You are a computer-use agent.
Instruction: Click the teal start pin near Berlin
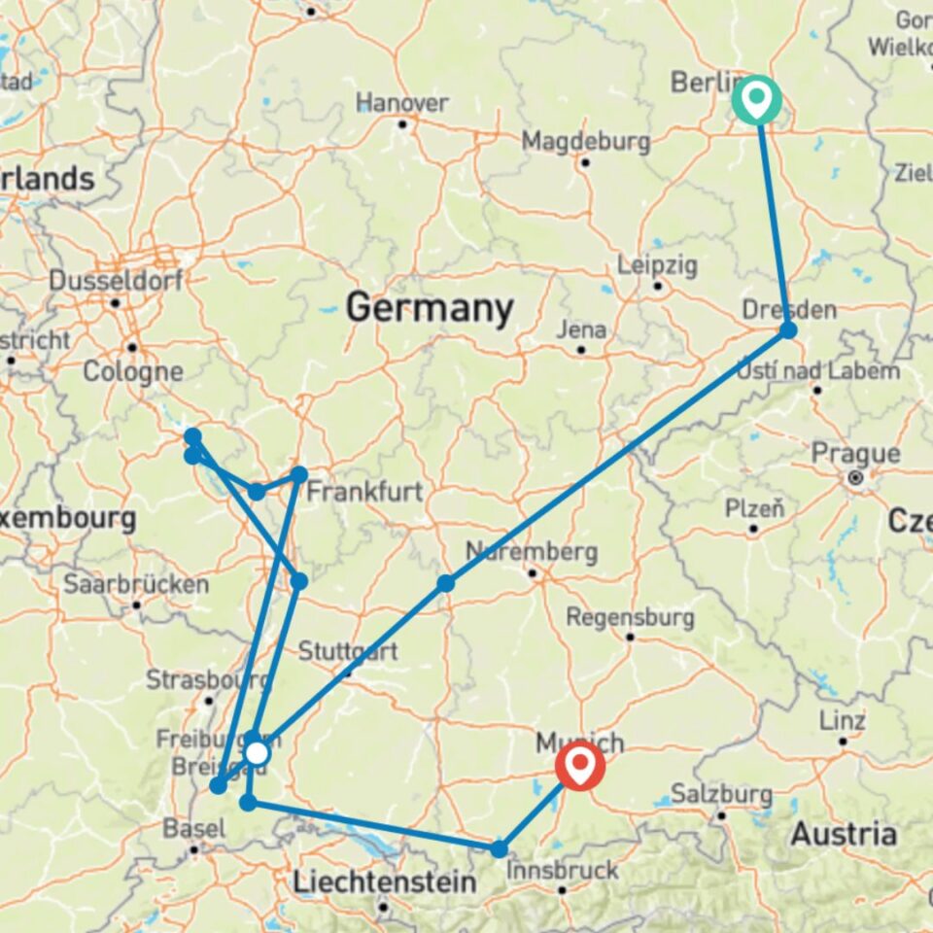point(756,97)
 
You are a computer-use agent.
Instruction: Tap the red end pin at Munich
point(580,765)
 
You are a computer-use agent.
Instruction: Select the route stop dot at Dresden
point(788,330)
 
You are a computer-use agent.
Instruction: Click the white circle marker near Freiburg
point(257,753)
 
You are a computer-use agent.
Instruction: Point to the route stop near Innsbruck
point(499,849)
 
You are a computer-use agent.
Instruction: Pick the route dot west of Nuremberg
point(445,583)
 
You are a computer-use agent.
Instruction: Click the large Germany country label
point(430,309)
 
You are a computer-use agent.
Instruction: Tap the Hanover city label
point(402,103)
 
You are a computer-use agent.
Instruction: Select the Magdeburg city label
point(586,141)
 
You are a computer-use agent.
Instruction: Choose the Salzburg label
point(721,794)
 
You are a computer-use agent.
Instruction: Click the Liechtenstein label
point(385,882)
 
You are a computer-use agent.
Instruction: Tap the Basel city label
point(195,829)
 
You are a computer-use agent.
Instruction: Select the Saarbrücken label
point(136,585)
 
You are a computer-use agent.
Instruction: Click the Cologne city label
point(133,371)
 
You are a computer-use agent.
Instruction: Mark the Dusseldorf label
point(115,281)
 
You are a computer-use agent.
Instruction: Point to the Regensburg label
point(630,617)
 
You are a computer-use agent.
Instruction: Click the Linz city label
point(843,721)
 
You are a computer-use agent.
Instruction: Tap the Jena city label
point(581,329)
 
